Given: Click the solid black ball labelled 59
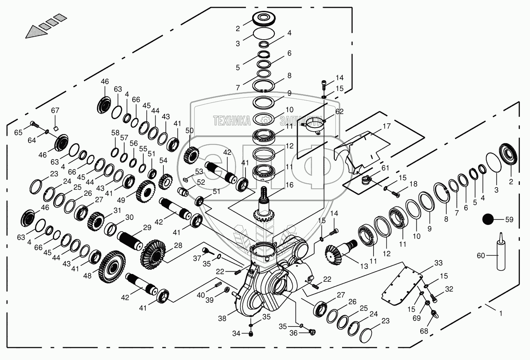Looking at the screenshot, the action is (x=488, y=219).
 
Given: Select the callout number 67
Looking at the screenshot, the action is (x=55, y=110).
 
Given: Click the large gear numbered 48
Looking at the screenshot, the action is (x=112, y=267).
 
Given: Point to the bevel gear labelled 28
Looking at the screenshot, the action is (x=153, y=254).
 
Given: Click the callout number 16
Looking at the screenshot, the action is (x=290, y=185).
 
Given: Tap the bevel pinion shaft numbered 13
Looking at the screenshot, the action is (x=341, y=251).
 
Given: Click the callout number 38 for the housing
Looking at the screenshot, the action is (x=222, y=318).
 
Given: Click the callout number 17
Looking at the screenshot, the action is (x=387, y=126).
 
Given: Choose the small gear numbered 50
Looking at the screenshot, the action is (x=191, y=156).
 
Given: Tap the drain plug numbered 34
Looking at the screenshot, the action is (x=251, y=334).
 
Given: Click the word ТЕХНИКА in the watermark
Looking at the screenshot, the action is (x=232, y=121).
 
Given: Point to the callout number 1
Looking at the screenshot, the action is (x=501, y=313).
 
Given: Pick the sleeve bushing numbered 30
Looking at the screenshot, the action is (x=111, y=229).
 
